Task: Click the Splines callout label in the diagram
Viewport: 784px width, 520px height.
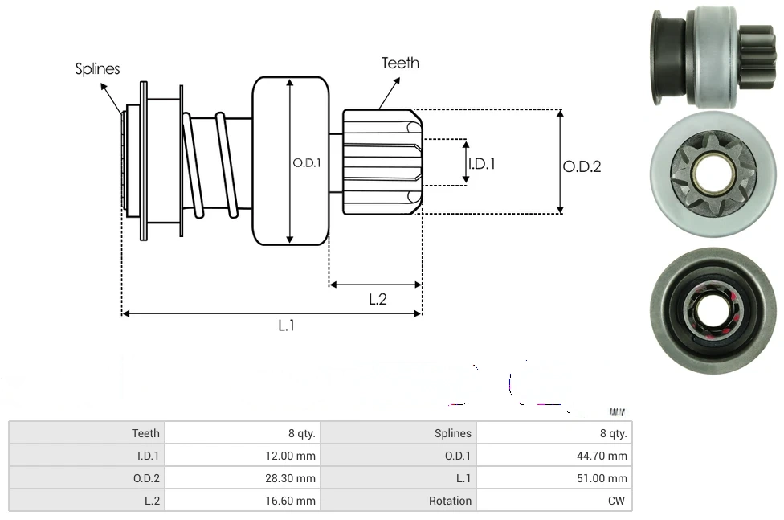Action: coord(97,69)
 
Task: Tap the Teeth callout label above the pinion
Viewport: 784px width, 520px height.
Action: coord(400,63)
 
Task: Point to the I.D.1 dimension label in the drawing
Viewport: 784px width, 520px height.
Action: coord(481,163)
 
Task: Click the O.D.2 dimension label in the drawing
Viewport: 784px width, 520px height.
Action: coord(582,166)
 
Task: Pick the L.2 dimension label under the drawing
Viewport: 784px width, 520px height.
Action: coord(378,299)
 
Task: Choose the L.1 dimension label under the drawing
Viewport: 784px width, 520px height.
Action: coord(287,326)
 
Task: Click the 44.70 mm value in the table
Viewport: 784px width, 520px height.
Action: coord(606,456)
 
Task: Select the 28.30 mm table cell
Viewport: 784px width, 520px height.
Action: coord(294,478)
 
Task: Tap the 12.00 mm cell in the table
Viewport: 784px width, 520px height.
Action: coord(294,456)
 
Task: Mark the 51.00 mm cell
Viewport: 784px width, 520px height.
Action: coord(606,478)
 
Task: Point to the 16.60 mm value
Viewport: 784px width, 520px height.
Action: coord(294,501)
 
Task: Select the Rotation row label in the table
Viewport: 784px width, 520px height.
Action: coord(450,501)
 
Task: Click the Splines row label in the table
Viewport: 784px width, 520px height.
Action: coord(453,433)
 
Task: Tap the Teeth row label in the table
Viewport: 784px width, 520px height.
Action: coord(145,433)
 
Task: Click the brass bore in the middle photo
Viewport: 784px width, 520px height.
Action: coord(708,174)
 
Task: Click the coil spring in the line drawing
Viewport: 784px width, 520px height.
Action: coord(210,165)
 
